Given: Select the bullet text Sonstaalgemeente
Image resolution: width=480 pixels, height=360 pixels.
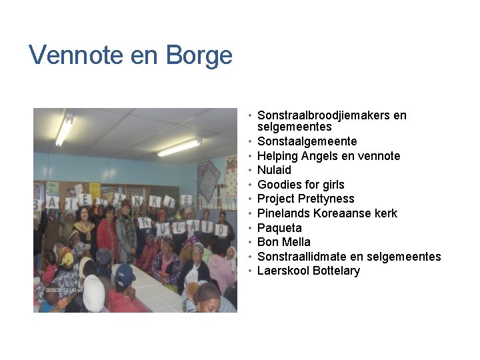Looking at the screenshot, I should [x=307, y=141].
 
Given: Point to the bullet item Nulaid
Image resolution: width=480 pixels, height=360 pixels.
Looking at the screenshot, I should [x=274, y=170].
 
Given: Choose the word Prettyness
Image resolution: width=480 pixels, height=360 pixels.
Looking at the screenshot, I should [x=326, y=199].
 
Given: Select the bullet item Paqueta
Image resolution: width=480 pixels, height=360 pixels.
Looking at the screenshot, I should [x=279, y=228].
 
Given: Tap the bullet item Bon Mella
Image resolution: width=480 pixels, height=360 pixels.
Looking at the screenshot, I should [x=284, y=242].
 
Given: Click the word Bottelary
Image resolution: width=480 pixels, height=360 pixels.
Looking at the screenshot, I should [x=336, y=271].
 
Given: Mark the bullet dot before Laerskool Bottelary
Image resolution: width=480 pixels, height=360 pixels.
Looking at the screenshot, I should [x=249, y=271].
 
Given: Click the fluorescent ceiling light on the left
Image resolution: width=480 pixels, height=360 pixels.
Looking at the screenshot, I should [x=65, y=130].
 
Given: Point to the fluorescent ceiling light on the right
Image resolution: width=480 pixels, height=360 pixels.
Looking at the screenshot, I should [x=179, y=147].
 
